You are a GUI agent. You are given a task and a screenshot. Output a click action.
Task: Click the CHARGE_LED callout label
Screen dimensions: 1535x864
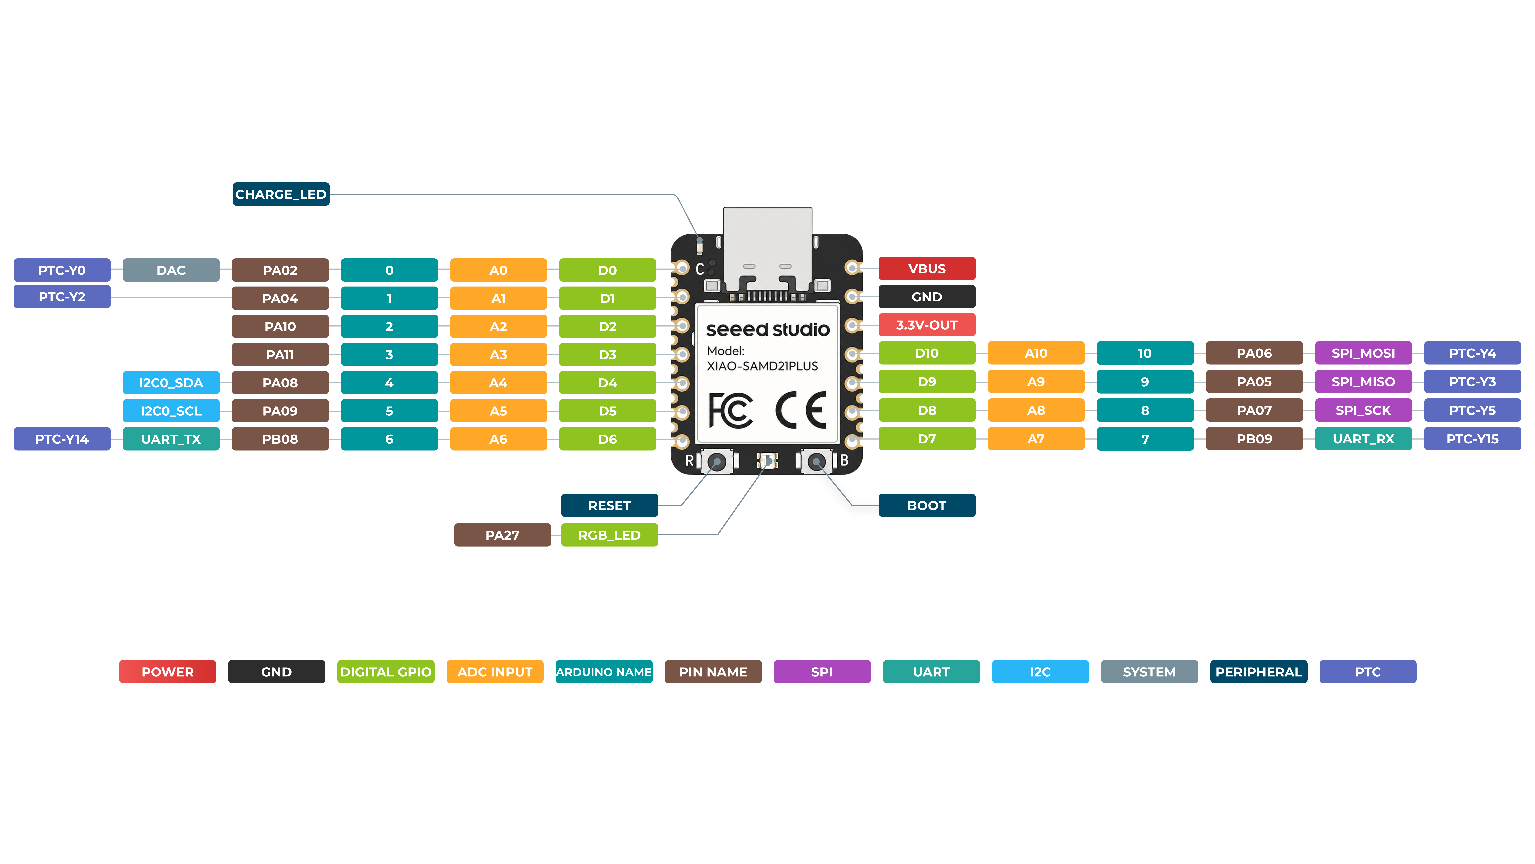click(281, 194)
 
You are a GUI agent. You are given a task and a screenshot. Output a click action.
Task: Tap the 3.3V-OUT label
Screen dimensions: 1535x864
click(927, 325)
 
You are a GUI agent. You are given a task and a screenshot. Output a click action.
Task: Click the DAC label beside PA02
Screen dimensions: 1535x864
click(171, 270)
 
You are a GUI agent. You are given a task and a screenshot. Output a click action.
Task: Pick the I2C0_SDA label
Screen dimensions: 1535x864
click(171, 383)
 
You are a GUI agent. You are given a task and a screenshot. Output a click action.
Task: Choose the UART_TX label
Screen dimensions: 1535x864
click(171, 439)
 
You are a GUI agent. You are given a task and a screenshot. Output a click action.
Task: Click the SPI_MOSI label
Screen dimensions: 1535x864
click(1363, 353)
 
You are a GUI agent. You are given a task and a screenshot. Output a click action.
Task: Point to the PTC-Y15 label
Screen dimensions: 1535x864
click(1472, 439)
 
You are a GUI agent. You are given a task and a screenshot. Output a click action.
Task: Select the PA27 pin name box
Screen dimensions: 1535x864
click(502, 535)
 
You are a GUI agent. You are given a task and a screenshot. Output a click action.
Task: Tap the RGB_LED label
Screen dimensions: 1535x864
click(610, 535)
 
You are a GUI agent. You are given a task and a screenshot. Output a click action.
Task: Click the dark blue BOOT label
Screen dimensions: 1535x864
click(927, 506)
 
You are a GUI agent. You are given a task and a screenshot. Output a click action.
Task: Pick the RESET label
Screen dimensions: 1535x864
click(610, 506)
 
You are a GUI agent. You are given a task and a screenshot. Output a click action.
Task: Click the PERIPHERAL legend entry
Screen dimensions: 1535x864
click(1259, 672)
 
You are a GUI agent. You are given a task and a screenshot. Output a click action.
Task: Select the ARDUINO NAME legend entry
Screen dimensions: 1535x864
click(604, 672)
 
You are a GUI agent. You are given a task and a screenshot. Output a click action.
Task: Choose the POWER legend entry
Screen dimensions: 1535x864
click(167, 672)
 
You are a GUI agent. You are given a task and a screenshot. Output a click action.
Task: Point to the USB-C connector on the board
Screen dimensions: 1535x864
click(767, 250)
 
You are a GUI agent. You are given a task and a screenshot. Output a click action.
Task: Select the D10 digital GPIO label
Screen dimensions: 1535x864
click(927, 353)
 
